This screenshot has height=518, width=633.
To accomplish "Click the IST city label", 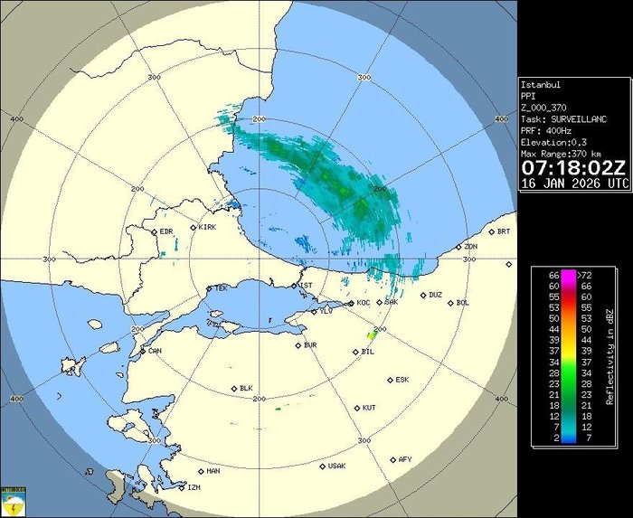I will click(307, 285).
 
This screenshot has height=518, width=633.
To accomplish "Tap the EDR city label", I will click(166, 231).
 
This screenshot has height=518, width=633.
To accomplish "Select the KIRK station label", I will click(208, 227).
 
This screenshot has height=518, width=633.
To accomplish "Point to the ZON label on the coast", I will click(470, 246).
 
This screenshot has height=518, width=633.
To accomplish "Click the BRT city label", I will click(504, 231).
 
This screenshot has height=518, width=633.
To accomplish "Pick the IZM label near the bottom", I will click(193, 487).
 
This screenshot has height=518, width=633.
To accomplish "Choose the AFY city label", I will click(406, 459).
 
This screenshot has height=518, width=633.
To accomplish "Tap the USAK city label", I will click(336, 466).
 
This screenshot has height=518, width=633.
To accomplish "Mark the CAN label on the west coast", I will click(155, 351).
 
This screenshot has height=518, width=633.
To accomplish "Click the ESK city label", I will click(402, 380).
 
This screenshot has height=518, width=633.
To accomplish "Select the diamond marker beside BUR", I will click(298, 344).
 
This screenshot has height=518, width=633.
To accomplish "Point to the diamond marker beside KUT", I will click(357, 408).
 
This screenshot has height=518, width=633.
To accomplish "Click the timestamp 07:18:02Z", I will click(573, 168).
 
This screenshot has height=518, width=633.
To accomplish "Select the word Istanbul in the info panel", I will click(541, 85).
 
